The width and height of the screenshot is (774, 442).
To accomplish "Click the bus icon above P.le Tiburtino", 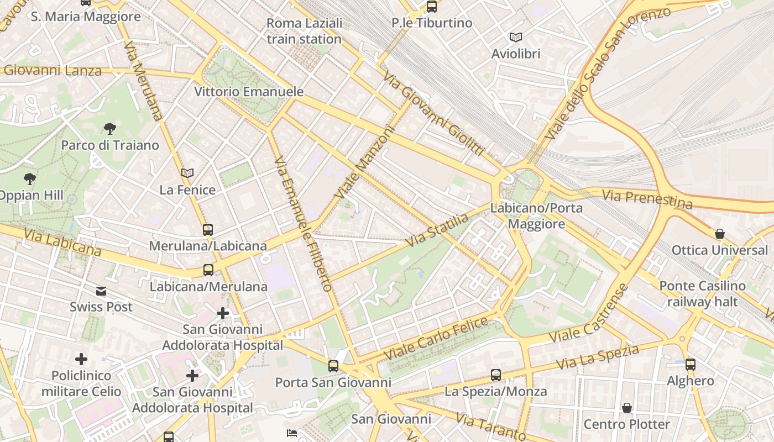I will [431, 7].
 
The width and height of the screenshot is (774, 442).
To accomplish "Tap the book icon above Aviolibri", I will [515, 38].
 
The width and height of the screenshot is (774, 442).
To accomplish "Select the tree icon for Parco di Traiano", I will [110, 129].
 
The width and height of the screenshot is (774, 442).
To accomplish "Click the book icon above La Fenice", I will [187, 173].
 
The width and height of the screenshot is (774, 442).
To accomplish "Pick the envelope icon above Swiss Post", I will [101, 291].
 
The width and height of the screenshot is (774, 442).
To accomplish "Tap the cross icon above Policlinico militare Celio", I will [81, 359].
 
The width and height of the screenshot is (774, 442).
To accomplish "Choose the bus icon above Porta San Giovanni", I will [333, 366].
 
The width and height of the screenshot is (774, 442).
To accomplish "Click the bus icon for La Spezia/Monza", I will [496, 375].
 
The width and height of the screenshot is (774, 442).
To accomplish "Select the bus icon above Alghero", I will [690, 364].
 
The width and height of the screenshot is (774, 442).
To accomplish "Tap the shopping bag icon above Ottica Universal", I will [719, 234].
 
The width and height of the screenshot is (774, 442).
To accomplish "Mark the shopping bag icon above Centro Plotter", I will [627, 408].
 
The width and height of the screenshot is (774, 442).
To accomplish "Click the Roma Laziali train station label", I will [304, 31].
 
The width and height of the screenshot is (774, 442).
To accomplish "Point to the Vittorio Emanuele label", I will [249, 91].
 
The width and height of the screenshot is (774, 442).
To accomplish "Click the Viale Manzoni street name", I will [364, 163].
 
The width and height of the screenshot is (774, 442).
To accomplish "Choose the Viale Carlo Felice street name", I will [436, 338].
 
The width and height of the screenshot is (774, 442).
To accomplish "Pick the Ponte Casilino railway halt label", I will [702, 294].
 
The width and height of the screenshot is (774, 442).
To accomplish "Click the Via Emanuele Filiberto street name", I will [304, 224].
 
